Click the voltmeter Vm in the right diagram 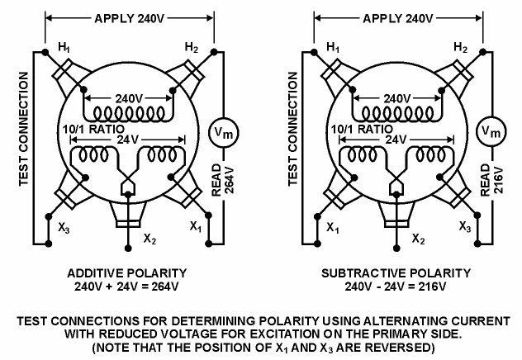pos(491,130)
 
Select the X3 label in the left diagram pos(65,225)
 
